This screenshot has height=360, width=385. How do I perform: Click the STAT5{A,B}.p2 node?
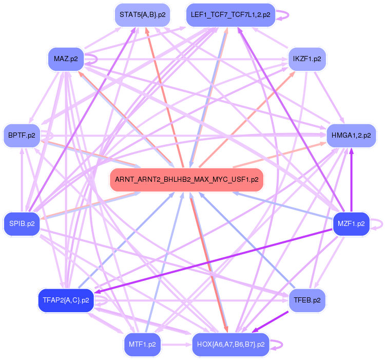click(x=142, y=14)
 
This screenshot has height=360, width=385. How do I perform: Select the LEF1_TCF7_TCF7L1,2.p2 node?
click(x=230, y=14)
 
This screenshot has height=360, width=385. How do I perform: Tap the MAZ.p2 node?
click(x=65, y=59)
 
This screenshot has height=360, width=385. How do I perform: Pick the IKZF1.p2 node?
click(x=307, y=59)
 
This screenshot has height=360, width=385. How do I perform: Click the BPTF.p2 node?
click(x=22, y=135)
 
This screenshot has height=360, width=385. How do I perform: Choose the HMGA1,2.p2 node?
click(x=351, y=135)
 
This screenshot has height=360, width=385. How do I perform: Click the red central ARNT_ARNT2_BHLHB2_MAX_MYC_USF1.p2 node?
click(x=186, y=180)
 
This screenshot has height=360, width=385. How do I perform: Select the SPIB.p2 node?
click(x=22, y=224)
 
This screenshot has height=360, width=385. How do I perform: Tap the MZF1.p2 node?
click(x=351, y=224)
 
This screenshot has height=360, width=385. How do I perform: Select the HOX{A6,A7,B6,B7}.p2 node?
click(x=230, y=345)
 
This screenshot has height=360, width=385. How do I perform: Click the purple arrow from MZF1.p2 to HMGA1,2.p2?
click(x=351, y=180)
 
